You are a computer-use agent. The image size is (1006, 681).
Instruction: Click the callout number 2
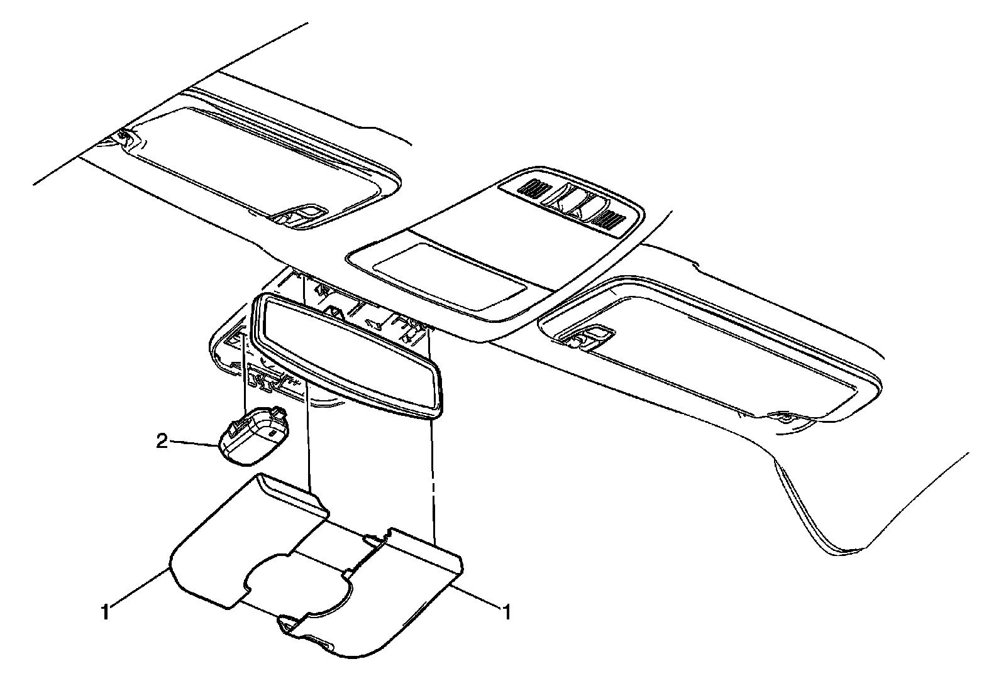pyautogui.click(x=162, y=442)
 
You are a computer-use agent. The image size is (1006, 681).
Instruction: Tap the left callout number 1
pyautogui.click(x=106, y=611)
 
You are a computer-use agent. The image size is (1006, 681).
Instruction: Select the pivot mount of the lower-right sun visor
pyautogui.click(x=783, y=417)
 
